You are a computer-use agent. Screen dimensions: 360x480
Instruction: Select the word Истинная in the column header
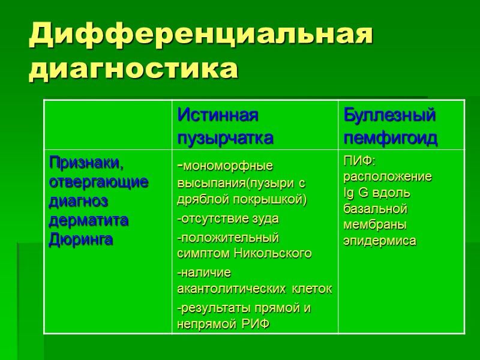coord(218,115)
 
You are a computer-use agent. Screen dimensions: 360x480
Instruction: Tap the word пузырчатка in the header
coord(226,138)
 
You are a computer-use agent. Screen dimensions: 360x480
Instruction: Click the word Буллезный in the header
coord(389,115)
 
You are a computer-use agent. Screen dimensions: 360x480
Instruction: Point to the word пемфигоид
coord(390,139)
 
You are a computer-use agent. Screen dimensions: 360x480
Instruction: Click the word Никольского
coord(279,253)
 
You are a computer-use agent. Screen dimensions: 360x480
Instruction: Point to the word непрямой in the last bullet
coord(204,324)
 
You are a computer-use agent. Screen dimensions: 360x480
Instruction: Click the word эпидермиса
coord(379,241)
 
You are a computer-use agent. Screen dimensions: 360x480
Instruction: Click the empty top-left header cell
coord(108,125)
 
